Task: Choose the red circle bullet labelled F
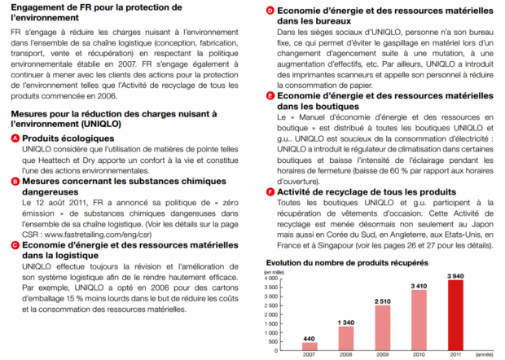tap(270, 192)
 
